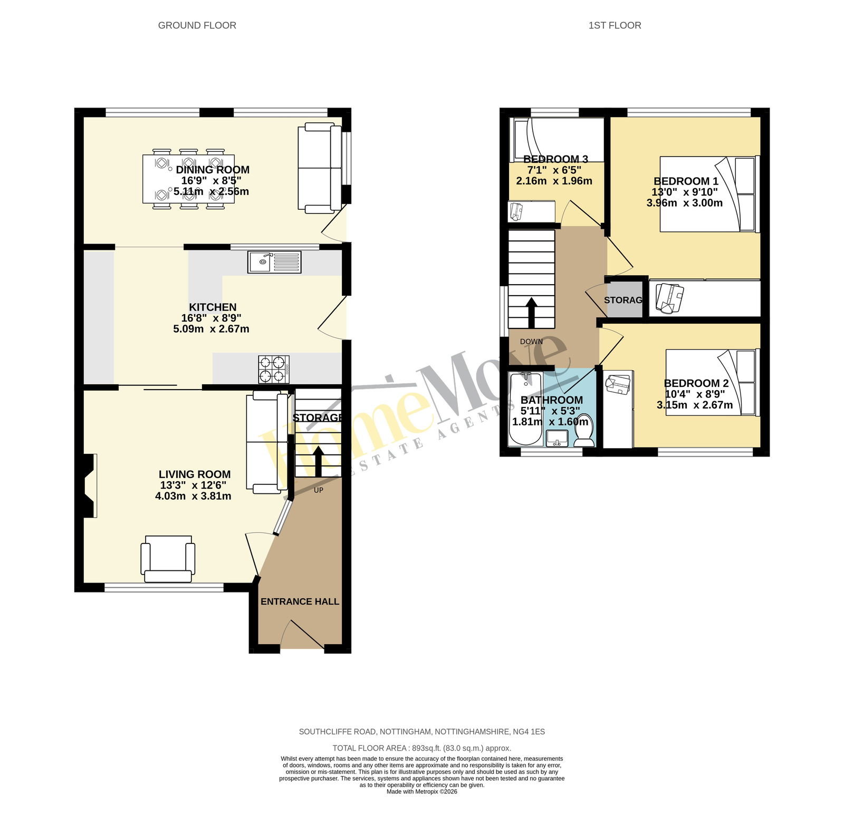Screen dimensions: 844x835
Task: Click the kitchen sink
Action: [274, 262]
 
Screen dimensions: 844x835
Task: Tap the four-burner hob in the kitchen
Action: [274, 369]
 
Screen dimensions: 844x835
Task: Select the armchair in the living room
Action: [168, 559]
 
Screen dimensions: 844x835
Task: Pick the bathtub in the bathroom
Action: [525, 409]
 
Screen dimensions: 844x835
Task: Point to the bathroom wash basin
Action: [557, 439]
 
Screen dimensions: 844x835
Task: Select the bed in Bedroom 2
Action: [713, 382]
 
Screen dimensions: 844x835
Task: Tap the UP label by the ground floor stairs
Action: [319, 490]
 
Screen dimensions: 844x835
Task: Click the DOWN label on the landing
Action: [531, 342]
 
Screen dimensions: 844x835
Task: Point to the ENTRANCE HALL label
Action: [300, 601]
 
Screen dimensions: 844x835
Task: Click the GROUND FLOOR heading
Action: [197, 25]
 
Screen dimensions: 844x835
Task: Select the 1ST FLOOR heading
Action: [615, 25]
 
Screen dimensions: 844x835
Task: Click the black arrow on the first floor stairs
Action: [532, 313]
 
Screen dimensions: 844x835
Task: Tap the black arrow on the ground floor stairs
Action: [319, 462]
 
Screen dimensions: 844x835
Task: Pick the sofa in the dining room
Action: [320, 168]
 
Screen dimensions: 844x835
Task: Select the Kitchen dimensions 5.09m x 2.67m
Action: [211, 329]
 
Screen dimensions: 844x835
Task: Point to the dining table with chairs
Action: [188, 178]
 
